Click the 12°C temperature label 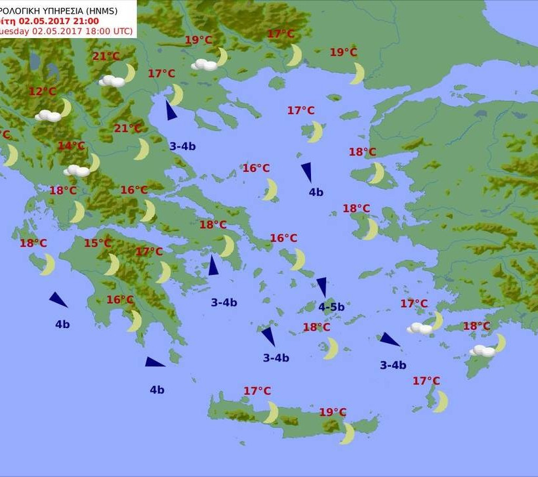(43, 91)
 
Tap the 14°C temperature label (72, 146)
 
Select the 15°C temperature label (98, 243)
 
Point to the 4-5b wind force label (331, 306)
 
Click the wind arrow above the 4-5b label (321, 287)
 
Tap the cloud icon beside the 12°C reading (48, 115)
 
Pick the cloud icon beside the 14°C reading (77, 171)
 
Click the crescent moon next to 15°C (112, 264)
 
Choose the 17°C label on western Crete (257, 391)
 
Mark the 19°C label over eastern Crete (333, 412)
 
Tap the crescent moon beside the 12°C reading (65, 107)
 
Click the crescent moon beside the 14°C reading (94, 162)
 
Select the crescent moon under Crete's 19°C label (347, 433)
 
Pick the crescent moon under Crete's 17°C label (270, 412)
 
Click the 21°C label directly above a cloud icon (106, 56)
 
